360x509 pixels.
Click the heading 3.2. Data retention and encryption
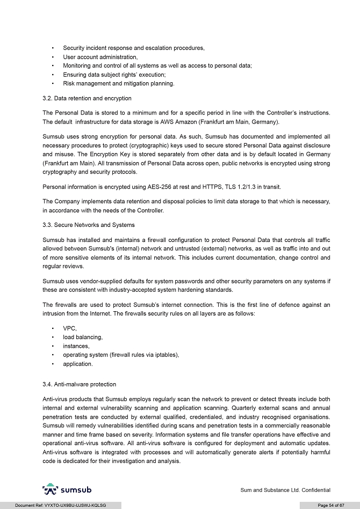tap(87, 98)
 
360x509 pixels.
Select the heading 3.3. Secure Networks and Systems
tap(88, 225)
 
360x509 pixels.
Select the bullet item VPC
tap(70, 328)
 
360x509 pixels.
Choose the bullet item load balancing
tap(82, 337)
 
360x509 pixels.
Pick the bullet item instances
tap(76, 346)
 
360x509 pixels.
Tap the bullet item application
tap(77, 364)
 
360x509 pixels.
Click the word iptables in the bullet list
tap(164, 355)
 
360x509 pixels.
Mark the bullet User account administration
tap(100, 57)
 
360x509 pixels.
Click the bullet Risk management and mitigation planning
tap(118, 83)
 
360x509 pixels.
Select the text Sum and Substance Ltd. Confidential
tap(285, 490)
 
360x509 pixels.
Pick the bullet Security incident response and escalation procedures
tap(133, 48)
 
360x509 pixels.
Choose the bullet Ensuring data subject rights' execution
tap(114, 75)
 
